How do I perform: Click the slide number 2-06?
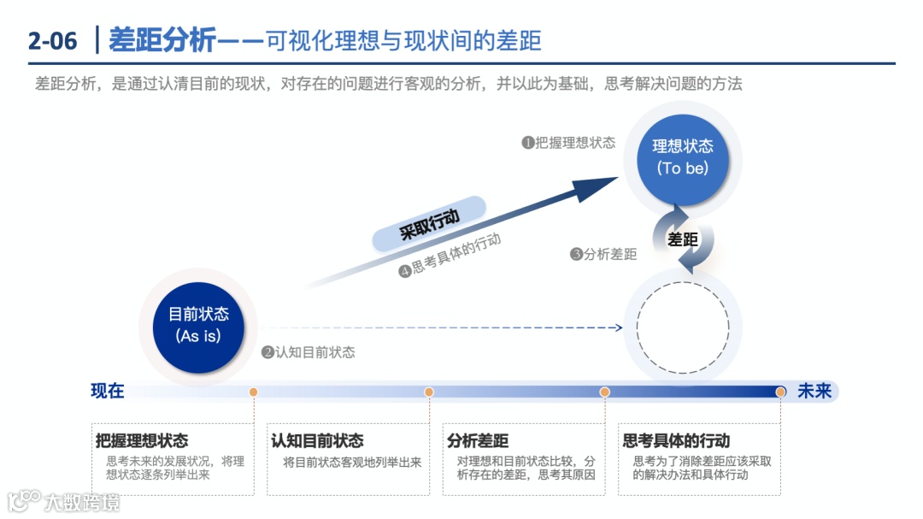(x=52, y=40)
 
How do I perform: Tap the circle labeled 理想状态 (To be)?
(x=682, y=156)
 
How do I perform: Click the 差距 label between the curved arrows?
(x=683, y=239)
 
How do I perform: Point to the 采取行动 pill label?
(x=430, y=224)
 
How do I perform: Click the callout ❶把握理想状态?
(x=568, y=143)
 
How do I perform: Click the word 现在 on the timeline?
(x=108, y=392)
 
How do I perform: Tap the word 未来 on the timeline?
(x=814, y=392)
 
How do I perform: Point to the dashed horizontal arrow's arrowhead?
(x=618, y=327)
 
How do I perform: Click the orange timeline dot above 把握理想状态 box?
(x=254, y=392)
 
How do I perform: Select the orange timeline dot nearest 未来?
(x=780, y=392)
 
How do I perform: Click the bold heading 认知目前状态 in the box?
(x=317, y=441)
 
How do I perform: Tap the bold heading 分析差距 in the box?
(x=478, y=441)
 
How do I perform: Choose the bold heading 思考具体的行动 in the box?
(x=676, y=441)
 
